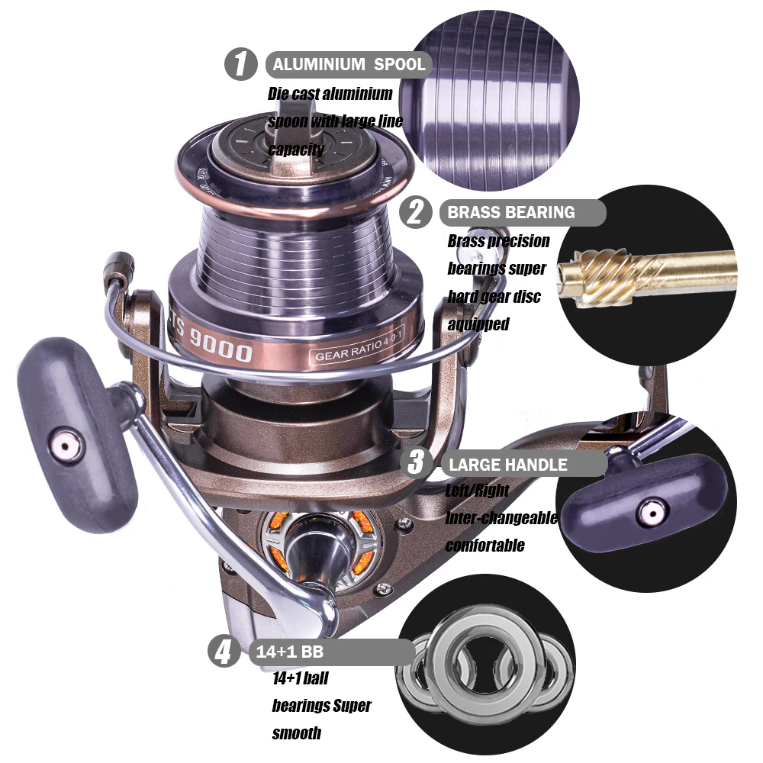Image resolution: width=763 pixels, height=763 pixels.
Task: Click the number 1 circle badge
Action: point(241,64)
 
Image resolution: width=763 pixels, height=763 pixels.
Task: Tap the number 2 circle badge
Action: point(416,211)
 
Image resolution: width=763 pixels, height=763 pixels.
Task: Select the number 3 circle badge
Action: point(417,462)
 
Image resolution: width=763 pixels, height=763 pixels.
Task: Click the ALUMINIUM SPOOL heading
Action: point(349,64)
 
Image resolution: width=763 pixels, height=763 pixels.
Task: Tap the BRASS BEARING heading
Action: point(511,213)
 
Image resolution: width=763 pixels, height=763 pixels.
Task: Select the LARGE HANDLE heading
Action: point(508,465)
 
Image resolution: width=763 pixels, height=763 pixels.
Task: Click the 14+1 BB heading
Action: point(290,652)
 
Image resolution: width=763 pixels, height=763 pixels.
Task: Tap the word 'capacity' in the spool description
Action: point(296,149)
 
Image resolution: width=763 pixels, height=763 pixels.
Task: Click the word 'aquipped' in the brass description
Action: point(478,324)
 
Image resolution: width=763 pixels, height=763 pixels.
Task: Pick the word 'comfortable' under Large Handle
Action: point(485,546)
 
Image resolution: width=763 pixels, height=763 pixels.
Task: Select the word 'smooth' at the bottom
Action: point(296,732)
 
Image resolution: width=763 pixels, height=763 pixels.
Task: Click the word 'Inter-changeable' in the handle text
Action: point(501,518)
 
